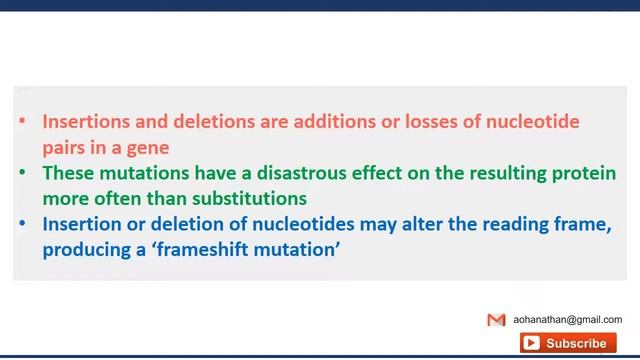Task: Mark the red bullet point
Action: pos(22,123)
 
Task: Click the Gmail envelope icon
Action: pos(496,320)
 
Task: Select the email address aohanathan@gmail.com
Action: pos(567,320)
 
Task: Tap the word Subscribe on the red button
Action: pos(576,343)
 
